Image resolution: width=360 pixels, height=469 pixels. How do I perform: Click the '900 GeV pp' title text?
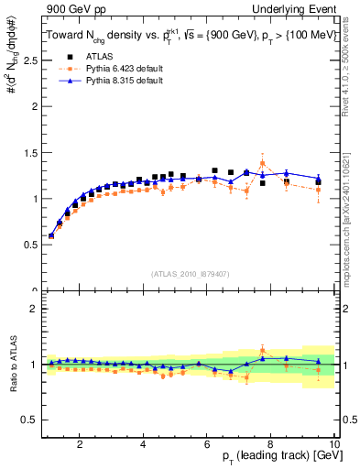click(71, 8)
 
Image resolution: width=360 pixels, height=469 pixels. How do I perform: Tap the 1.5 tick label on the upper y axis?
click(32, 152)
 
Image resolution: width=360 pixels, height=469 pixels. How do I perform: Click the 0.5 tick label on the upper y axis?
click(32, 245)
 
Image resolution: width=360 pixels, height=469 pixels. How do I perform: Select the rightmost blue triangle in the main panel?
click(319, 179)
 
